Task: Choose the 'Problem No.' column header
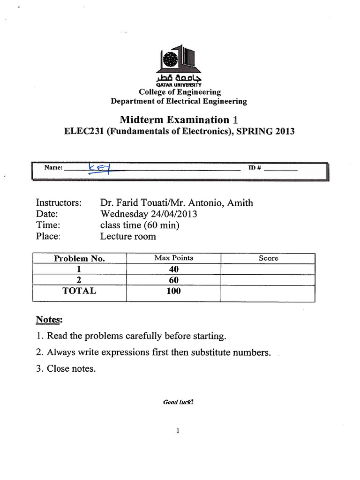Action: pyautogui.click(x=79, y=259)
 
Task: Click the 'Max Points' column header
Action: pyautogui.click(x=173, y=258)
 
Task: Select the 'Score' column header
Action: pyautogui.click(x=268, y=258)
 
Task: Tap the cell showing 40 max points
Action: pyautogui.click(x=173, y=270)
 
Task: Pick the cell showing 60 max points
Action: pyautogui.click(x=173, y=280)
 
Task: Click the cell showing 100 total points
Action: pyautogui.click(x=173, y=291)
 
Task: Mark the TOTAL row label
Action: pyautogui.click(x=79, y=291)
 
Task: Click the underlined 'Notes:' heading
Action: pyautogui.click(x=49, y=320)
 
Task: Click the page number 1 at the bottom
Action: pyautogui.click(x=179, y=432)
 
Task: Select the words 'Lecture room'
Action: pyautogui.click(x=128, y=236)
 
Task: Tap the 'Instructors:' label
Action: pyautogui.click(x=59, y=203)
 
